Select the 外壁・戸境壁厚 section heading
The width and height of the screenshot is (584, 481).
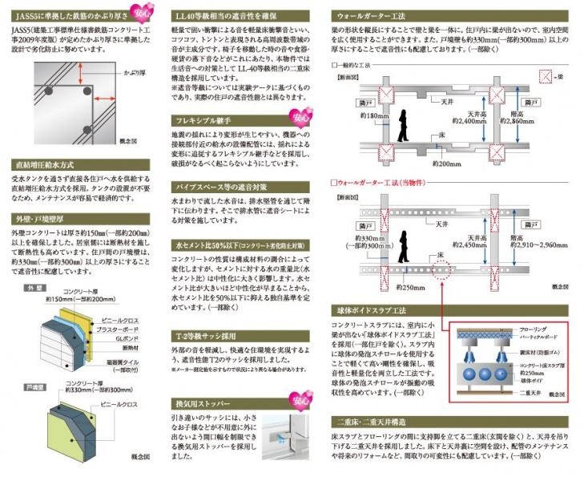(40, 217)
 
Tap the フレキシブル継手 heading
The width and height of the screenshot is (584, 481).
(204, 120)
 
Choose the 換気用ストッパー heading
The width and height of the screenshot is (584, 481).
(203, 403)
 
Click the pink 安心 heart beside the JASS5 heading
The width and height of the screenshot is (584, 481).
(145, 12)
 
